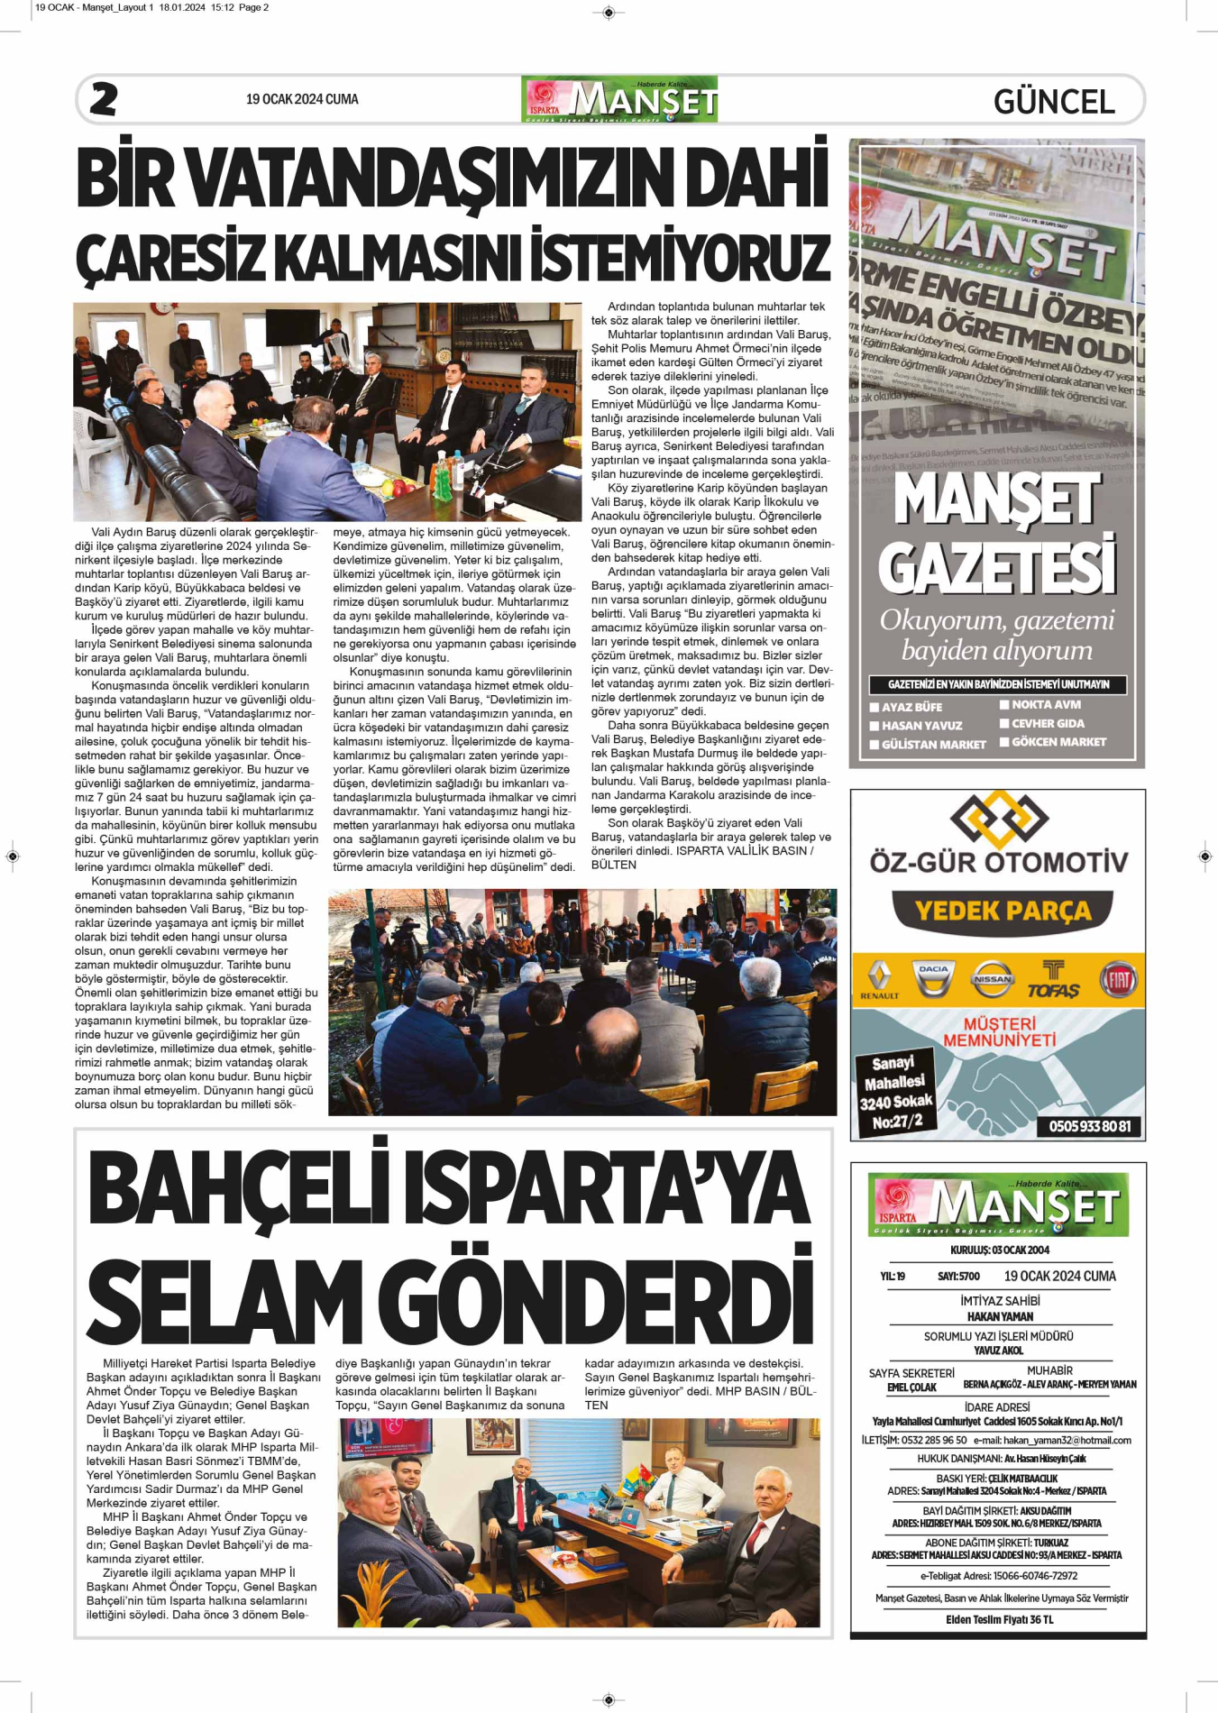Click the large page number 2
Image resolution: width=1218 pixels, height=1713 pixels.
click(104, 99)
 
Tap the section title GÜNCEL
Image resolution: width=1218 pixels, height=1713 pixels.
click(1054, 102)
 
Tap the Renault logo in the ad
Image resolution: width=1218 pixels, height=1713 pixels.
click(879, 980)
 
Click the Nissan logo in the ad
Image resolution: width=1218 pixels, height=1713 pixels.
click(992, 979)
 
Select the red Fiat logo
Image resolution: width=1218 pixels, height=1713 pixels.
click(1118, 980)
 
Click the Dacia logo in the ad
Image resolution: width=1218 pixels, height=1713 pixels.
click(933, 978)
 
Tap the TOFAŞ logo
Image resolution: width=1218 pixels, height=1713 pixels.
click(1053, 980)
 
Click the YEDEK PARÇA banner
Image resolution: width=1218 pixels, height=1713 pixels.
click(1003, 911)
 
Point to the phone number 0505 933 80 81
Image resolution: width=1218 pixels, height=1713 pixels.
click(1089, 1126)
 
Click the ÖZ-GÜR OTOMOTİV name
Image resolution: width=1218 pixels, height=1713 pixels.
click(999, 861)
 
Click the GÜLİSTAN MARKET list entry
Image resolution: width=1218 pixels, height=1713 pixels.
click(933, 745)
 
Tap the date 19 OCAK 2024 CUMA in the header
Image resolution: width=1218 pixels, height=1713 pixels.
click(302, 99)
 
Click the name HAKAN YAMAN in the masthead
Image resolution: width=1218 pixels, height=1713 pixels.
click(1000, 1316)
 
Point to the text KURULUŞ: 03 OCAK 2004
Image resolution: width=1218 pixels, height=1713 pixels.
click(999, 1250)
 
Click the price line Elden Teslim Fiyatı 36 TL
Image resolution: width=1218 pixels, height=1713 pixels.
click(999, 1619)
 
